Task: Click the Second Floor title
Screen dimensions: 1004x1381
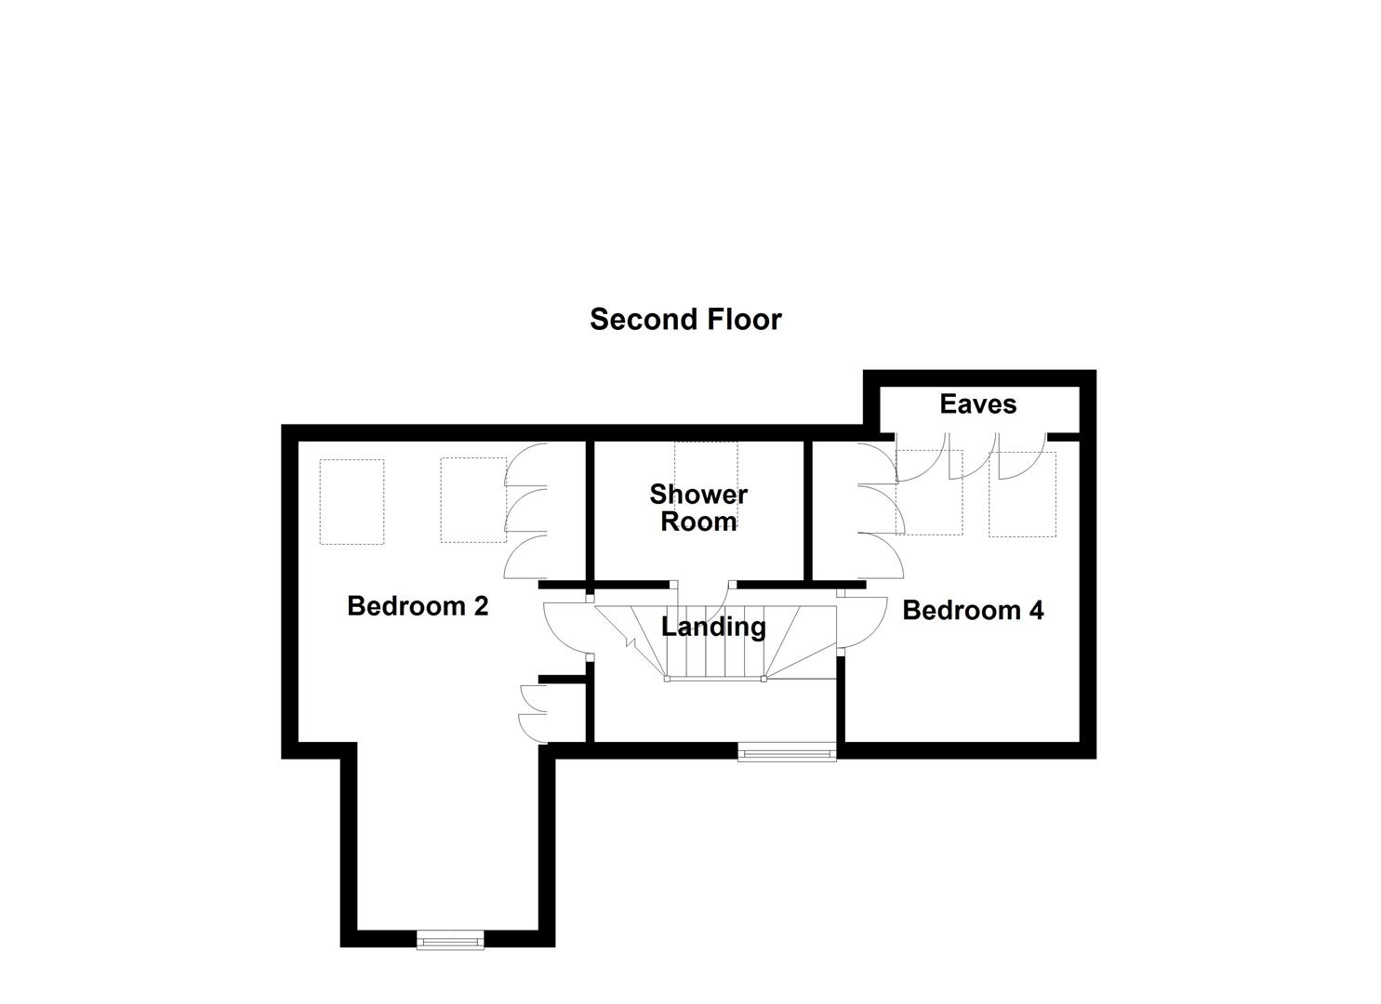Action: click(685, 320)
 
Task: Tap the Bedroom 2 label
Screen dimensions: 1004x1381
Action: click(418, 606)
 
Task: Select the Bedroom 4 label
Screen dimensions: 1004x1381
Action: click(973, 611)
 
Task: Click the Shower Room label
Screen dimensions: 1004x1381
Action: click(698, 508)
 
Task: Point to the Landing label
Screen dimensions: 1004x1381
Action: click(713, 627)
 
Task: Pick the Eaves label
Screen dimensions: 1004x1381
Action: click(977, 404)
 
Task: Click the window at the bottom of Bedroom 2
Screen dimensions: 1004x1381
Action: click(451, 941)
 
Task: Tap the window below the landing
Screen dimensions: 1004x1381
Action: click(787, 752)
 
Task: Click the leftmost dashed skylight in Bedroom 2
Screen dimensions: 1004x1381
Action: click(352, 501)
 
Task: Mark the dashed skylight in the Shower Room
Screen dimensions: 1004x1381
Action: click(706, 465)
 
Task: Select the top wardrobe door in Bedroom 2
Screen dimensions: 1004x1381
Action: click(523, 464)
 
